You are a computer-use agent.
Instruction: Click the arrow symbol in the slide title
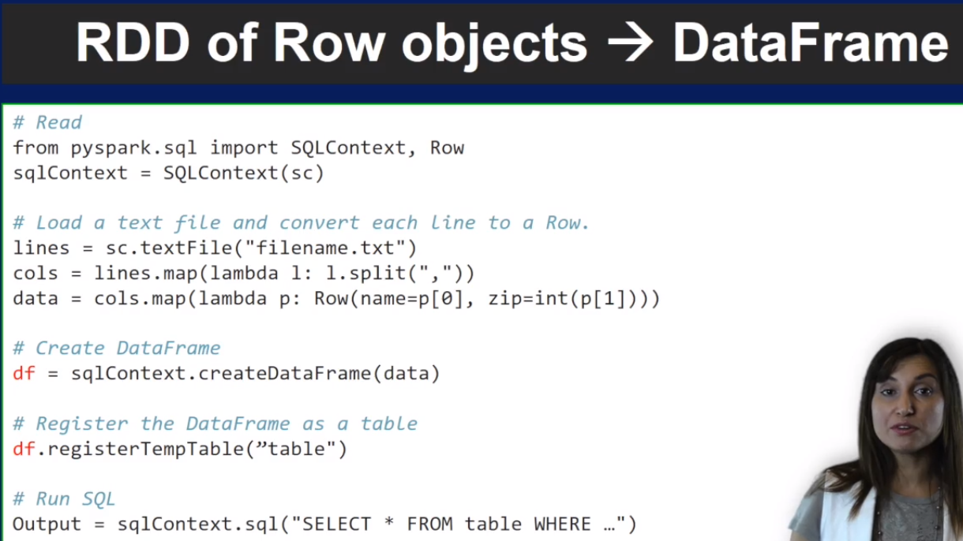630,43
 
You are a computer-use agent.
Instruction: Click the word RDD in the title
133,43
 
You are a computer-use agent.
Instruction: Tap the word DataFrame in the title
811,43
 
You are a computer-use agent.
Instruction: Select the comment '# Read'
47,123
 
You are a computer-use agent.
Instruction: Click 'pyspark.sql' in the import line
133,148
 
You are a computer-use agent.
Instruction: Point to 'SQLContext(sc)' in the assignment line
243,173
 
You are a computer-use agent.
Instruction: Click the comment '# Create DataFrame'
117,349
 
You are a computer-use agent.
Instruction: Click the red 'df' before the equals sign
24,374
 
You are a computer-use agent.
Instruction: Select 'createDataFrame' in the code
284,374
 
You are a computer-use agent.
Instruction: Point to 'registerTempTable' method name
145,450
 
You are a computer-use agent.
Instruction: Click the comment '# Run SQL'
64,499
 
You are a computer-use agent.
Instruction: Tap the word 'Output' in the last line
47,524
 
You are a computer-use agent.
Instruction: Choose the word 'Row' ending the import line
447,148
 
